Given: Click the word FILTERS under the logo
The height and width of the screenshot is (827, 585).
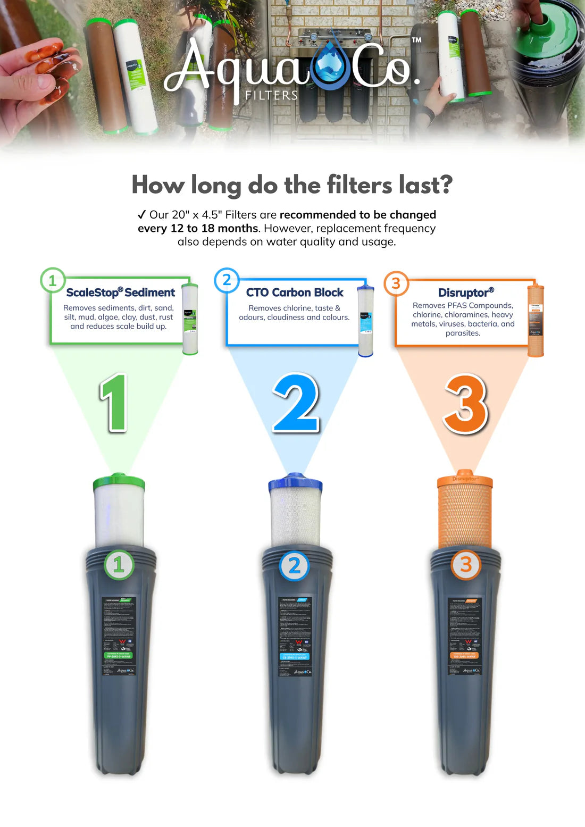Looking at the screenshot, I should tap(271, 95).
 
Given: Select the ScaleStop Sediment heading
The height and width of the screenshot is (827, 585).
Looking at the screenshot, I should tap(120, 293).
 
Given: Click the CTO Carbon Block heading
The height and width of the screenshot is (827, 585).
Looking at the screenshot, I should tap(295, 293).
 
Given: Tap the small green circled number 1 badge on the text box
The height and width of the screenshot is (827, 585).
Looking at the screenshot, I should tap(53, 280).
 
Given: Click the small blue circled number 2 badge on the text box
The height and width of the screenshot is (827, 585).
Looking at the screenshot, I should tap(227, 280).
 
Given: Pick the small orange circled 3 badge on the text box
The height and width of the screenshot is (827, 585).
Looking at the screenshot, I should tap(396, 283).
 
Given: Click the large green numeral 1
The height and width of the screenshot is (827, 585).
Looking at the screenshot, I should tap(114, 402).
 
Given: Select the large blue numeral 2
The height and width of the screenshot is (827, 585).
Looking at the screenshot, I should tap(296, 403).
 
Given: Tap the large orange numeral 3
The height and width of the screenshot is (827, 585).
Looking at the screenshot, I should tap(466, 404).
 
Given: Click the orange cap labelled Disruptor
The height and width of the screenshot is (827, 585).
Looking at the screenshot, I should tap(465, 480).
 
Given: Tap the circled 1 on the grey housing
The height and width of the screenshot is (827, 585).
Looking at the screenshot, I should tap(119, 565).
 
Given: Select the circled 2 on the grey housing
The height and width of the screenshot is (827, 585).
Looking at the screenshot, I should tap(295, 566).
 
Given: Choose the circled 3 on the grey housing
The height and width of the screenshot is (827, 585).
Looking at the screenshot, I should tap(466, 565).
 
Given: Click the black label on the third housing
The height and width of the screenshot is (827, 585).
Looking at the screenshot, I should tap(464, 636).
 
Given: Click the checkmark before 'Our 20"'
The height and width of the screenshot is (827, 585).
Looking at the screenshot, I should tap(141, 214).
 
